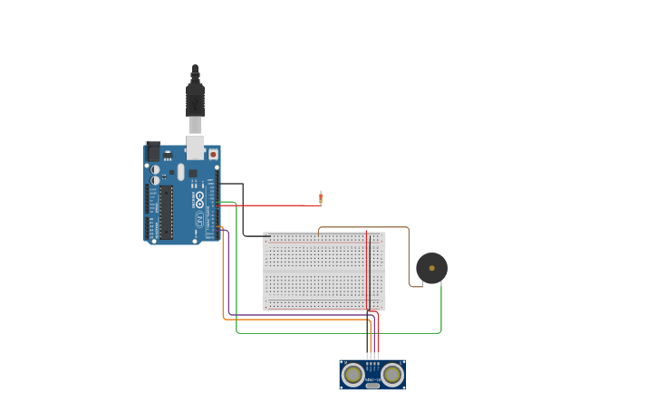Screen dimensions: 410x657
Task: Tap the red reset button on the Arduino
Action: pyautogui.click(x=214, y=154)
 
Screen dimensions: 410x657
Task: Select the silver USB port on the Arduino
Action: pyautogui.click(x=195, y=147)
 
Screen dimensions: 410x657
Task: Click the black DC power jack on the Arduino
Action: pyautogui.click(x=153, y=151)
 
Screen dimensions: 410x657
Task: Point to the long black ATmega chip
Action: pyautogui.click(x=166, y=213)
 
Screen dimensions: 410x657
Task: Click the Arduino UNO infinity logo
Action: pyautogui.click(x=199, y=195)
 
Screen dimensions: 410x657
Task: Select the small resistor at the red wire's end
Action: pyautogui.click(x=320, y=197)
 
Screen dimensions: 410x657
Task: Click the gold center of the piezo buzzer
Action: pyautogui.click(x=431, y=268)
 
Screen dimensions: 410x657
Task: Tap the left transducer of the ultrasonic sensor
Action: pyautogui.click(x=353, y=374)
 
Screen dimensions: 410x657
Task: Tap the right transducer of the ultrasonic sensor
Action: pyautogui.click(x=391, y=374)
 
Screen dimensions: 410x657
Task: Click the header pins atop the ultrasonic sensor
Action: pyautogui.click(x=372, y=358)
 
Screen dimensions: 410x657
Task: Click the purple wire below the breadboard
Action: pyautogui.click(x=299, y=315)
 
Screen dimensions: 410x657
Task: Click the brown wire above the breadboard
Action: pyautogui.click(x=362, y=227)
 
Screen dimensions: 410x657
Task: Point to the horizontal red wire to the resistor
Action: pyautogui.click(x=272, y=205)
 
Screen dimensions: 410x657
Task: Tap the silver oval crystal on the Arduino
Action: pyautogui.click(x=180, y=172)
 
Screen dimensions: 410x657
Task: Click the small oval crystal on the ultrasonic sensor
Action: pyautogui.click(x=372, y=386)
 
